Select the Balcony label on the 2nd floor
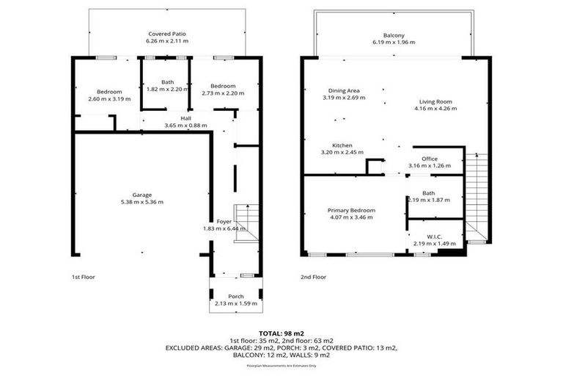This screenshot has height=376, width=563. click(x=394, y=35)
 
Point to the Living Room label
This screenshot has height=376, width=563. click(x=435, y=101)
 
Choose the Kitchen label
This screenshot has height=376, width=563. click(x=342, y=145)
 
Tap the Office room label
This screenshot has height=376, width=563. click(x=430, y=158)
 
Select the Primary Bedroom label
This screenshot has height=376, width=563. click(x=352, y=210)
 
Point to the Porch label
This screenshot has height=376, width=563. click(x=235, y=296)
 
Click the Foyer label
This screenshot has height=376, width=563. click(x=224, y=221)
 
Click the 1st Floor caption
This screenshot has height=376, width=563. click(x=84, y=277)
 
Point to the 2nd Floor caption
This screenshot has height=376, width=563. click(x=314, y=277)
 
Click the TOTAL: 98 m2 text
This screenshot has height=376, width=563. click(x=281, y=333)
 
